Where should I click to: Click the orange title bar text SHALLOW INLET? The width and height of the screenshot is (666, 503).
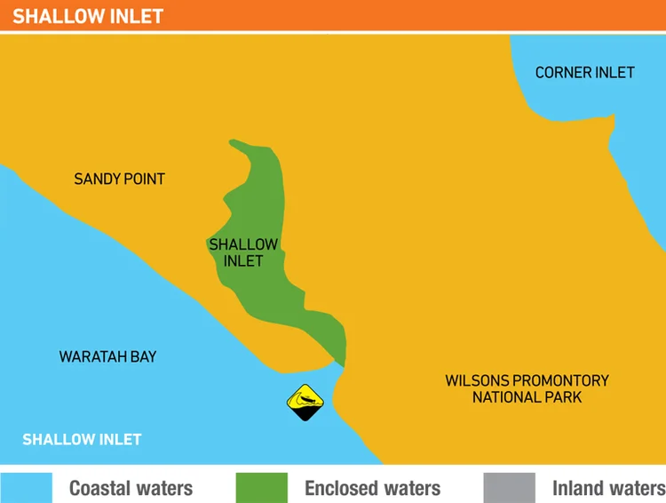(x=88, y=16)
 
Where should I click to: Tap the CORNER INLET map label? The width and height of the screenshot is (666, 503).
(x=584, y=72)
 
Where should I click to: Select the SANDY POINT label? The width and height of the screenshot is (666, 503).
(x=119, y=179)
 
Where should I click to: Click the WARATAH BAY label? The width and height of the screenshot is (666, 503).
(x=107, y=356)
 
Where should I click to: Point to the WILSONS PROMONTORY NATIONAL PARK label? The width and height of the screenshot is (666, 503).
(x=527, y=388)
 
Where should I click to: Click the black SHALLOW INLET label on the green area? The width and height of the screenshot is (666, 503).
(x=243, y=252)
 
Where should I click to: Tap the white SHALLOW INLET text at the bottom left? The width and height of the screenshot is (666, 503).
(x=82, y=439)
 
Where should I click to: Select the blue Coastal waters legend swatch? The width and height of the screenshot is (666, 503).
(x=27, y=487)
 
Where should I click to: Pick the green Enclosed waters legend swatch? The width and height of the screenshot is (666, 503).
(x=261, y=487)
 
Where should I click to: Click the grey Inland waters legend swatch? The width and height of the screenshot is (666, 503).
(x=510, y=487)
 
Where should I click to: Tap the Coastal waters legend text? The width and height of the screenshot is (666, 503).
(x=131, y=488)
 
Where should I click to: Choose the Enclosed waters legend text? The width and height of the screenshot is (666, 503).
(x=372, y=488)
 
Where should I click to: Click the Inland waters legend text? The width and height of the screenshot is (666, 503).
(x=608, y=488)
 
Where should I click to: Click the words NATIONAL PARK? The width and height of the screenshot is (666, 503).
(x=527, y=397)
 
